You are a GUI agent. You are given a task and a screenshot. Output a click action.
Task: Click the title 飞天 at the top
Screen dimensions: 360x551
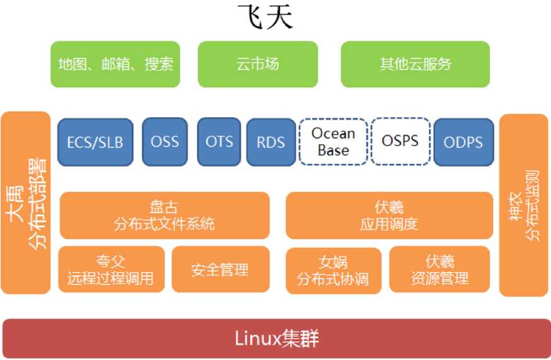click(x=264, y=18)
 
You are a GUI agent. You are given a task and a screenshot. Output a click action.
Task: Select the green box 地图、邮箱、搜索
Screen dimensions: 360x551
click(x=115, y=64)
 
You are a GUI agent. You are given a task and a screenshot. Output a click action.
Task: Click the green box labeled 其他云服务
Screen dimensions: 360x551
click(x=415, y=64)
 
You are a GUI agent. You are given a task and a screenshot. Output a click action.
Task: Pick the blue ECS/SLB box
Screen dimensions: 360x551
click(x=95, y=142)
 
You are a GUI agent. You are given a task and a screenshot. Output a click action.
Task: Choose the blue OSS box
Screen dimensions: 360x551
click(x=164, y=141)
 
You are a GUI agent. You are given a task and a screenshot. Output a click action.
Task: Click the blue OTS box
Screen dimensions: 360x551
click(x=219, y=141)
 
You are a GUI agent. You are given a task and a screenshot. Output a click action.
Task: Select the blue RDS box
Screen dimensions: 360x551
click(x=271, y=142)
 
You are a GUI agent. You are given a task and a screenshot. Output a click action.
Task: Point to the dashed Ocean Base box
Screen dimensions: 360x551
click(x=333, y=142)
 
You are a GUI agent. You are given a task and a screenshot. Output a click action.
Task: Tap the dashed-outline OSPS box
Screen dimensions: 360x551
click(x=400, y=141)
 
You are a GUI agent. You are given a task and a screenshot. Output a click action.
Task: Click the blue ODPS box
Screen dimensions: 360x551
click(x=463, y=142)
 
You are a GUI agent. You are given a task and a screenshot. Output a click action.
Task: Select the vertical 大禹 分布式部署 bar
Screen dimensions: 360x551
click(x=26, y=203)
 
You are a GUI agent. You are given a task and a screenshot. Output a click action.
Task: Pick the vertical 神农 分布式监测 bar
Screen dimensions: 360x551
click(x=523, y=205)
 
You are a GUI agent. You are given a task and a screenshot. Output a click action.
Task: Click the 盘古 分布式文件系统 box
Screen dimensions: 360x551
click(x=164, y=215)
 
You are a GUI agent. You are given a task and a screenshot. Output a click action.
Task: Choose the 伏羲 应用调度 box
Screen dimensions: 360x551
click(x=389, y=215)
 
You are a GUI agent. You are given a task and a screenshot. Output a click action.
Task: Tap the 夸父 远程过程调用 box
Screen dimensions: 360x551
click(x=111, y=269)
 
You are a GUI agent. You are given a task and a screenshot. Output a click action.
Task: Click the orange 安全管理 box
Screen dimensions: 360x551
click(x=220, y=269)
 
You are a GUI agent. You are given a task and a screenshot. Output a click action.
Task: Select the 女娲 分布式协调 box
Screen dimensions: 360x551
click(x=333, y=270)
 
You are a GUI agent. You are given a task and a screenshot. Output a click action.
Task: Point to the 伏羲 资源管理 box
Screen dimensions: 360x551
click(x=440, y=269)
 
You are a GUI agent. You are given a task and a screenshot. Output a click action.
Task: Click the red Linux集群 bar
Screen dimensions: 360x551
click(x=276, y=339)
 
